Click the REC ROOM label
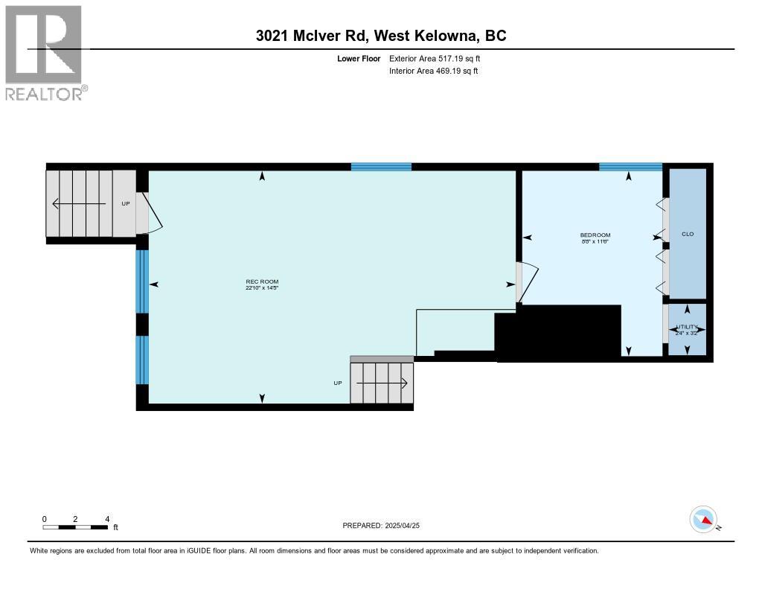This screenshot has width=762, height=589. tap(261, 281)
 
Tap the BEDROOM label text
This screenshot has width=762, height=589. tap(595, 235)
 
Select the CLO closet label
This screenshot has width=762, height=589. tap(687, 234)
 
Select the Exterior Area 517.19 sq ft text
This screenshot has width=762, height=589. tap(440, 58)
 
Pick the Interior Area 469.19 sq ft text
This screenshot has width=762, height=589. tap(433, 71)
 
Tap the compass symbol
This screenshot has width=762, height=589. tap(703, 519)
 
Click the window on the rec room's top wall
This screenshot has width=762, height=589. tap(381, 167)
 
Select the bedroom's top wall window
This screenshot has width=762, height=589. tap(630, 167)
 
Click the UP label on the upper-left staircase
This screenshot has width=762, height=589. tap(126, 203)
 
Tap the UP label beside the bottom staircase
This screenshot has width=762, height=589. tap(337, 383)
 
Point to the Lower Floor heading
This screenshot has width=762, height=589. tap(359, 58)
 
